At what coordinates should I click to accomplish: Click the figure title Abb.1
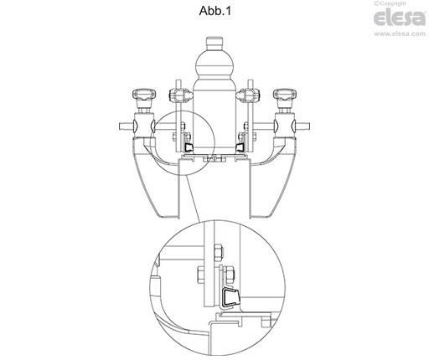[214, 11]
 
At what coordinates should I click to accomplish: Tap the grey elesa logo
[400, 18]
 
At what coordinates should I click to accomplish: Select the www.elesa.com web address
[400, 33]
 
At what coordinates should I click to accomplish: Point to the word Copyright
[392, 3]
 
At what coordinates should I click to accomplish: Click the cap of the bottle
[214, 42]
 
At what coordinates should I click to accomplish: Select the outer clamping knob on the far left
[144, 95]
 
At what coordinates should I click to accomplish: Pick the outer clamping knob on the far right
[285, 95]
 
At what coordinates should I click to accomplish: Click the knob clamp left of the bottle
[181, 95]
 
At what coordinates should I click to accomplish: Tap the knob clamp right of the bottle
[248, 95]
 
